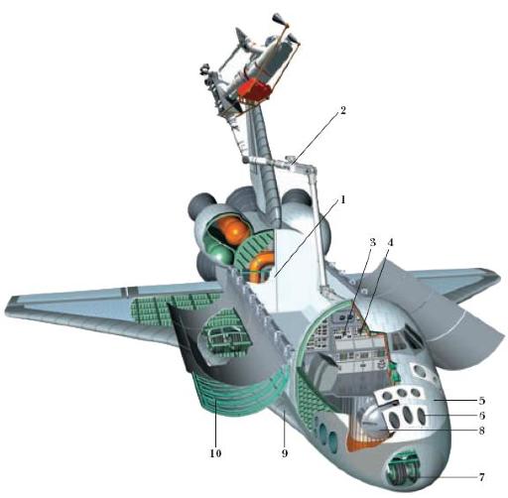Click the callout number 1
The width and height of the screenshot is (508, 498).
pyautogui.click(x=343, y=199)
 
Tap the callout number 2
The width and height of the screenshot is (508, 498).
pyautogui.click(x=343, y=110)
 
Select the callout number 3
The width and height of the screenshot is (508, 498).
pyautogui.click(x=372, y=242)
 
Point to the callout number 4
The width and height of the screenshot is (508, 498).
pyautogui.click(x=390, y=242)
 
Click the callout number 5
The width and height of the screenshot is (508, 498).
pyautogui.click(x=482, y=401)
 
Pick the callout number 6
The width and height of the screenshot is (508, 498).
pyautogui.click(x=482, y=416)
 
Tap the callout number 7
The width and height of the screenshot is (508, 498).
pyautogui.click(x=482, y=477)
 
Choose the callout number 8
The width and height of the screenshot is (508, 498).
pyautogui.click(x=482, y=431)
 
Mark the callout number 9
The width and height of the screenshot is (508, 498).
pyautogui.click(x=285, y=453)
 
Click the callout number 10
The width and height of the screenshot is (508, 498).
pyautogui.click(x=215, y=453)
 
